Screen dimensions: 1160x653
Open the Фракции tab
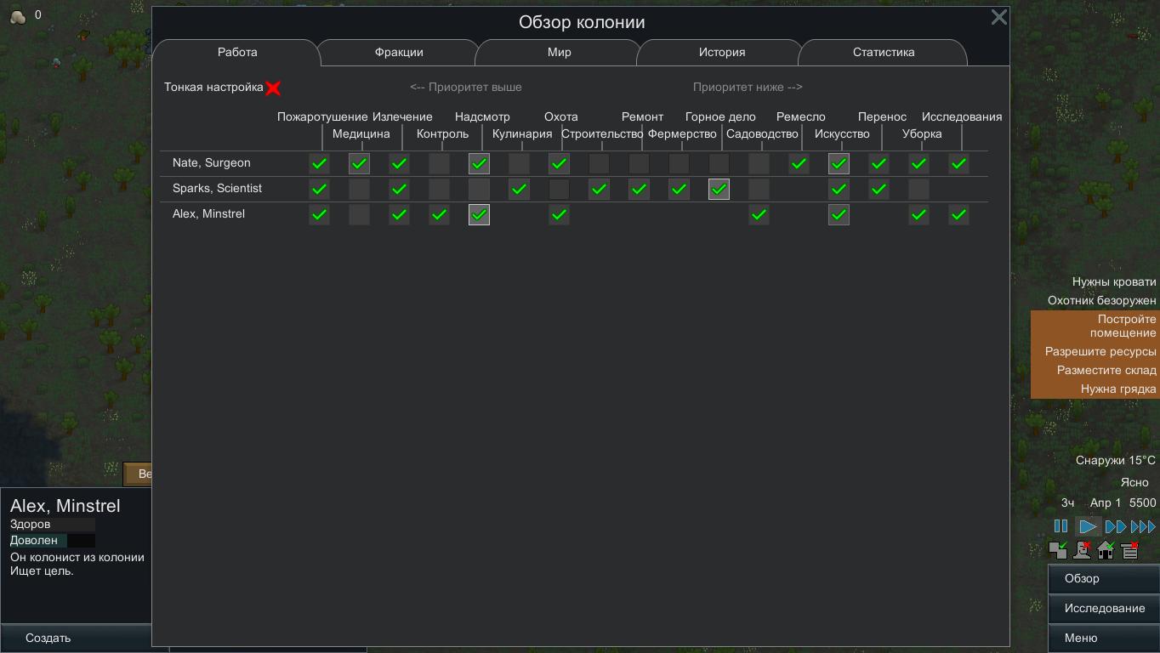[399, 53]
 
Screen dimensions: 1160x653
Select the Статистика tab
[884, 53]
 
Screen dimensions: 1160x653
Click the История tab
[722, 53]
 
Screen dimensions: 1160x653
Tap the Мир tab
[560, 53]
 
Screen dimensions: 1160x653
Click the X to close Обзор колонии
[999, 18]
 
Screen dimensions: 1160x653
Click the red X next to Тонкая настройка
[273, 88]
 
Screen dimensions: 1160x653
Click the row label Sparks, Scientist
[217, 189]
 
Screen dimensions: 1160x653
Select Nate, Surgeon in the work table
[211, 162]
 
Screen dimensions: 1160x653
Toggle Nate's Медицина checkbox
[359, 163]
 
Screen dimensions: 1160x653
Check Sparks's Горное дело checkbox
[719, 189]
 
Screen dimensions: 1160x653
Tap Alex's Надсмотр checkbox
[479, 214]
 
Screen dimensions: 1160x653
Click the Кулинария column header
[522, 134]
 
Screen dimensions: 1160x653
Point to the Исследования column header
[962, 117]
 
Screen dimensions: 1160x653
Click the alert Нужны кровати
[1113, 281]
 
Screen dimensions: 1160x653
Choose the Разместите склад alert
[1106, 370]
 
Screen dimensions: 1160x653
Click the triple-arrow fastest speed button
[1143, 526]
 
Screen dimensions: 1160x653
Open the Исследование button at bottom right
[1104, 608]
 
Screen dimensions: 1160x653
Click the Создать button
[48, 638]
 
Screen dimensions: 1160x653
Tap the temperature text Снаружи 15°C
[1116, 460]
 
